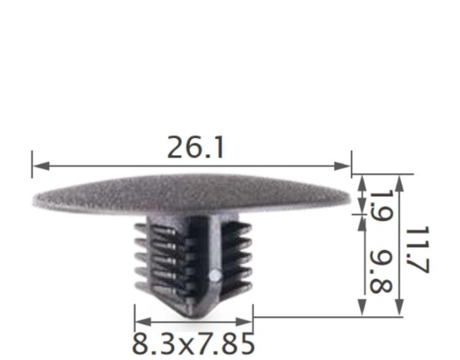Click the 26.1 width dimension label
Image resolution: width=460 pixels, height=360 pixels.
195,148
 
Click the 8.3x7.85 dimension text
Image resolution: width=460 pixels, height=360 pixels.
193,343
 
